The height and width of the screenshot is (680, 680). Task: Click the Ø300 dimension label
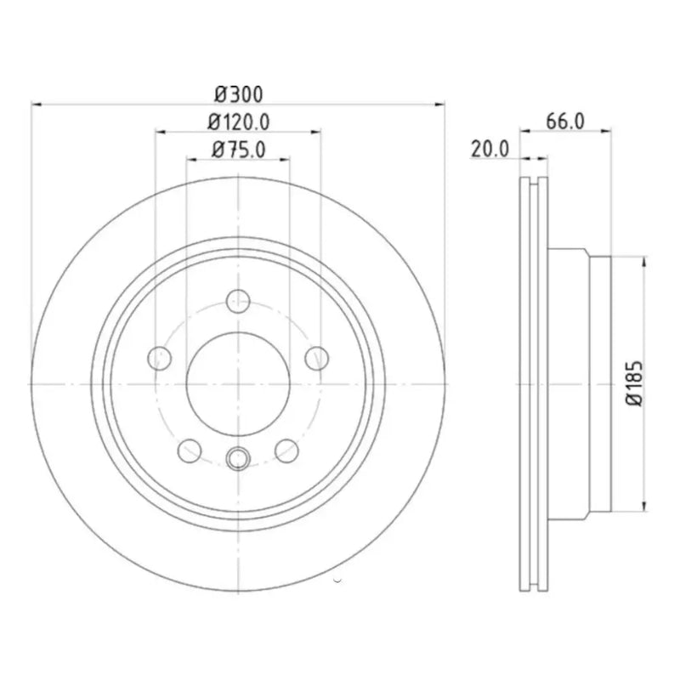click(x=239, y=94)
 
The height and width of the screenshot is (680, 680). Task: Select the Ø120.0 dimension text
click(x=239, y=122)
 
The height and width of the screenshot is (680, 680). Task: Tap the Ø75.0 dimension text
click(x=239, y=150)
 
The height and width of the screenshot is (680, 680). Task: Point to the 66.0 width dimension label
click(x=565, y=121)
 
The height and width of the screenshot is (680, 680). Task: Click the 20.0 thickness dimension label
click(x=490, y=150)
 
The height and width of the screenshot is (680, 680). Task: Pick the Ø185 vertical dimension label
click(x=634, y=383)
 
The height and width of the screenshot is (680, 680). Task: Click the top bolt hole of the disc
click(x=238, y=302)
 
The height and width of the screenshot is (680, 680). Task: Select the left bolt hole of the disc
click(x=160, y=359)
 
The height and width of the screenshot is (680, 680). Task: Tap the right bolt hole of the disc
click(x=317, y=359)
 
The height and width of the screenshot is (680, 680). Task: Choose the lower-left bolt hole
click(x=190, y=450)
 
